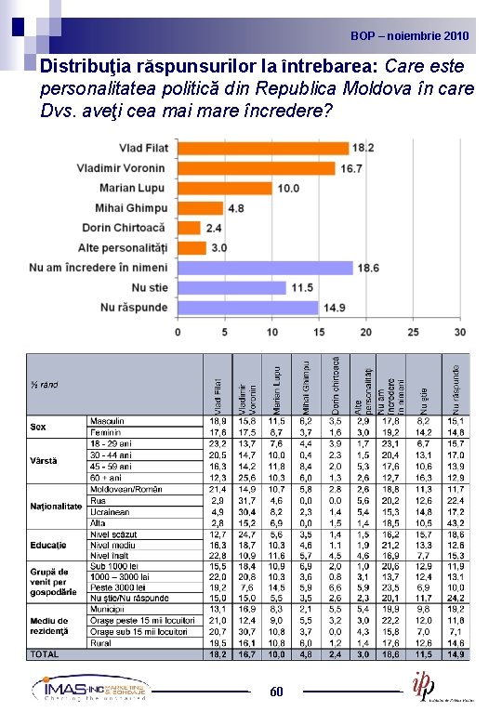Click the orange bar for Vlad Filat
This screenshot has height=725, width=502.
coord(262,149)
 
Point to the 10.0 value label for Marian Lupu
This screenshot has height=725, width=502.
coord(287,189)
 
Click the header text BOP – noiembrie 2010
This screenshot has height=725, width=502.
coord(410,36)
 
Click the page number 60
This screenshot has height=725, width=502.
coord(276,692)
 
